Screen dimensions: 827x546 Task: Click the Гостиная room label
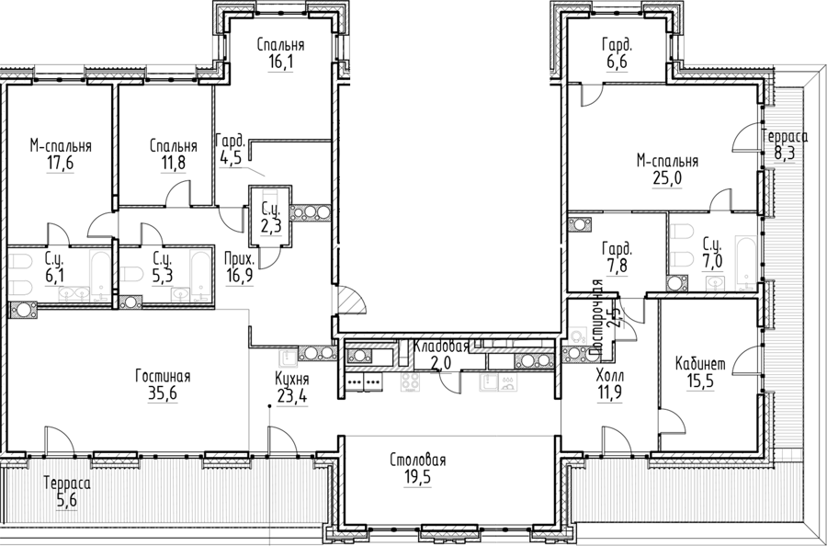(x=163, y=377)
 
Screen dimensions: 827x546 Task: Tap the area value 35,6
(x=163, y=393)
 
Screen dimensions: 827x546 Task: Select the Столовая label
(x=418, y=460)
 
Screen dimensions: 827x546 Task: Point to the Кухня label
(x=292, y=380)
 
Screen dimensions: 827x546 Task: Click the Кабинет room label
(x=700, y=363)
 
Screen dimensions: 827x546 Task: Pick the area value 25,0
(x=667, y=178)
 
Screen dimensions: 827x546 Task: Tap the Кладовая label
(x=441, y=347)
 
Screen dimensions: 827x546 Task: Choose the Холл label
(x=610, y=376)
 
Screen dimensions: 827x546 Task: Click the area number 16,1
(x=280, y=63)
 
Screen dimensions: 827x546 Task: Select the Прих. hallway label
(x=240, y=259)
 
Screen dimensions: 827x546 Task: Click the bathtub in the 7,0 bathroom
(x=745, y=264)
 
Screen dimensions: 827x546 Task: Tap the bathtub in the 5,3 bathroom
(x=200, y=276)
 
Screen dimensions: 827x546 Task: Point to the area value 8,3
(x=785, y=154)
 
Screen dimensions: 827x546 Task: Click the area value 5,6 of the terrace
(x=67, y=499)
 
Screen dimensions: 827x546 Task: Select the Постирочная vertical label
(x=597, y=316)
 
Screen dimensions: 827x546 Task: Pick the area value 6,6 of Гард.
(x=617, y=63)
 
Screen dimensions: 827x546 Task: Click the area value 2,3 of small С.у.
(x=271, y=226)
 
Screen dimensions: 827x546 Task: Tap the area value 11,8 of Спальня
(x=173, y=163)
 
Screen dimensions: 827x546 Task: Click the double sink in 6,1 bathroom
(x=74, y=293)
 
